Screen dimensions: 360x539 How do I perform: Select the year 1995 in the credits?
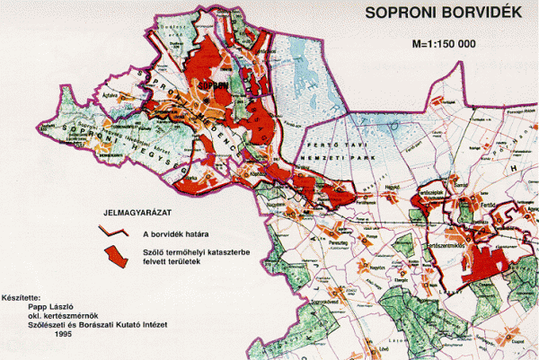[62, 333]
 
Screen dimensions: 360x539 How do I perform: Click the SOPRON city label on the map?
[209, 87]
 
